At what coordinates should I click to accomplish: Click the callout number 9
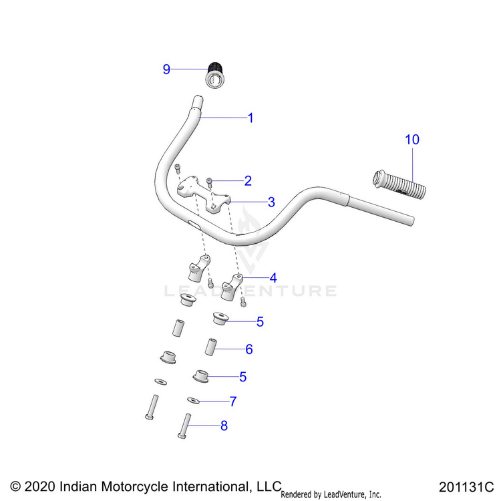click(x=166, y=69)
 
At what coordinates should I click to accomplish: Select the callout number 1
click(x=251, y=118)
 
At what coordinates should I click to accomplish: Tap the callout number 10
click(x=412, y=140)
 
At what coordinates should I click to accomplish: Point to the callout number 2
click(x=248, y=181)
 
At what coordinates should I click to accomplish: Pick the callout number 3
click(x=271, y=202)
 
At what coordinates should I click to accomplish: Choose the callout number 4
click(x=273, y=278)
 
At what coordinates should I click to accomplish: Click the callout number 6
click(x=249, y=349)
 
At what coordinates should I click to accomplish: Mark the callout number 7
click(x=233, y=401)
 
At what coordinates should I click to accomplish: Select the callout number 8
click(x=224, y=426)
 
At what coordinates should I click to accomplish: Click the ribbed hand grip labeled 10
click(x=399, y=184)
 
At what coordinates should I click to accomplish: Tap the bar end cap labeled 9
click(x=214, y=75)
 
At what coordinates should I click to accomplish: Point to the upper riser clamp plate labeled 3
click(x=204, y=195)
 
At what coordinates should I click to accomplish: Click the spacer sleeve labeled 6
click(x=211, y=347)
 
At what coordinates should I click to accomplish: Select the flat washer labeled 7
click(x=193, y=400)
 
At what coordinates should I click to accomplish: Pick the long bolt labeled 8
click(x=184, y=426)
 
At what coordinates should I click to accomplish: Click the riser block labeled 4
click(x=232, y=287)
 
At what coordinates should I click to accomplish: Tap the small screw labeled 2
click(x=210, y=182)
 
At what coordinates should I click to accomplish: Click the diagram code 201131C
click(x=466, y=487)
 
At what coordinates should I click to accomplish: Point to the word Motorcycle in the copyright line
click(x=134, y=486)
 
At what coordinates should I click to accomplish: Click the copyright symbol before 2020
click(x=15, y=486)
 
